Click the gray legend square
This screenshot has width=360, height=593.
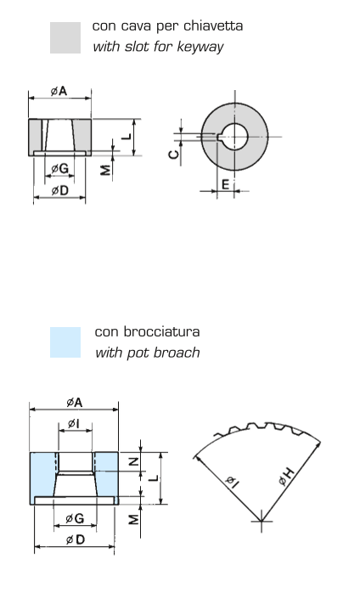pyautogui.click(x=65, y=37)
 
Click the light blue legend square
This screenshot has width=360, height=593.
pyautogui.click(x=65, y=342)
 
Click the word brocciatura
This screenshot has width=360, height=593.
pyautogui.click(x=161, y=331)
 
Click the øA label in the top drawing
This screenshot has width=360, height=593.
pyautogui.click(x=59, y=91)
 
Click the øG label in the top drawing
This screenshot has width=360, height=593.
pyautogui.click(x=60, y=168)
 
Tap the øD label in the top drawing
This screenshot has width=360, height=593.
pyautogui.click(x=59, y=190)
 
